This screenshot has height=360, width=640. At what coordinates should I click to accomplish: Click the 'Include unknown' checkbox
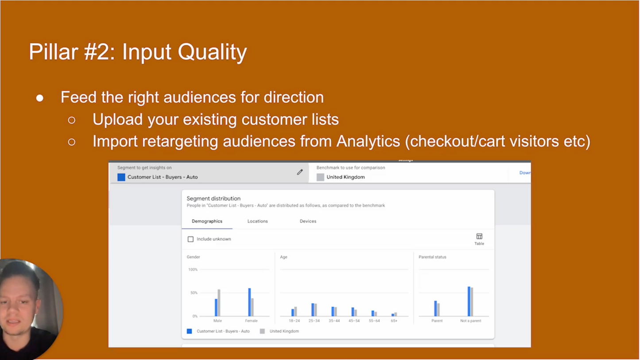[190, 239]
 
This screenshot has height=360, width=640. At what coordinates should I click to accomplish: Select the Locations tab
[257, 221]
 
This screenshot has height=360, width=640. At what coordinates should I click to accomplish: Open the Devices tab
[308, 221]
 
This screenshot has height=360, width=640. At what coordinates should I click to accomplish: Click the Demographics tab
[207, 221]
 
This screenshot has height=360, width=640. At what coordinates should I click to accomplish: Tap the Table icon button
[479, 239]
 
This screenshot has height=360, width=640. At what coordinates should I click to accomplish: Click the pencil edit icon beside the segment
[300, 172]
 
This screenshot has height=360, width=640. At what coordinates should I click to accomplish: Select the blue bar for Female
[249, 302]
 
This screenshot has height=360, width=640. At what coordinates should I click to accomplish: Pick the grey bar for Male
[219, 303]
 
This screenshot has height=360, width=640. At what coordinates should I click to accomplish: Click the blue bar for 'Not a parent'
[469, 301]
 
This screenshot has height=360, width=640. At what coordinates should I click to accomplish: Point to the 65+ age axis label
[394, 321]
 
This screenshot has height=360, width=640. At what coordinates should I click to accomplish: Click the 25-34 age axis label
[314, 321]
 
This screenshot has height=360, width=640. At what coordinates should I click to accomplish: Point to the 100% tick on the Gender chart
[193, 270]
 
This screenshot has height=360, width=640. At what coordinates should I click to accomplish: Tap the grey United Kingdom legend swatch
[262, 331]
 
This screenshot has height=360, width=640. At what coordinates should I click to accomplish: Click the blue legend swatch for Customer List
[189, 331]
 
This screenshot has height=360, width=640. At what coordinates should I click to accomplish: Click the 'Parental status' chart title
[432, 257]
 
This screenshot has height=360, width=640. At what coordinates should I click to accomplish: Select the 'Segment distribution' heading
[213, 198]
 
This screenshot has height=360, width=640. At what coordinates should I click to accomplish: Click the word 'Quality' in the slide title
[212, 52]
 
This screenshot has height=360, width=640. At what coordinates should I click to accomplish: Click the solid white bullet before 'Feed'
[40, 98]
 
